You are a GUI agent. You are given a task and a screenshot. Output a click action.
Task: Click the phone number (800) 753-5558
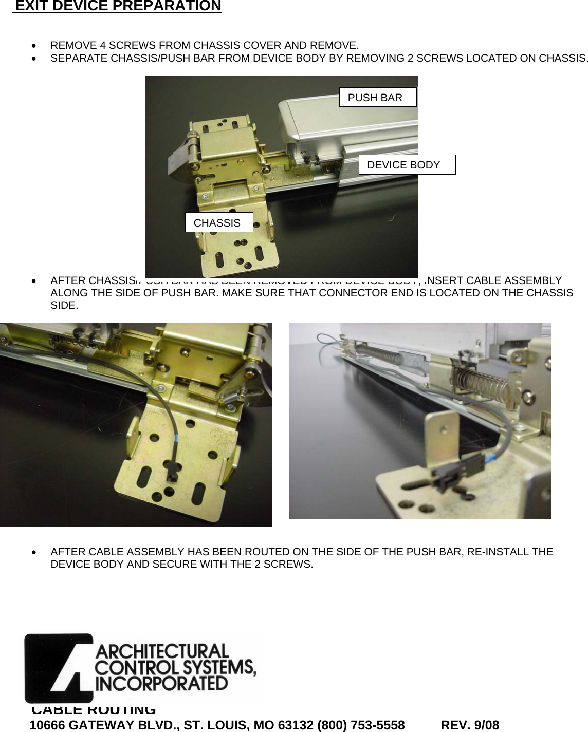coord(361,725)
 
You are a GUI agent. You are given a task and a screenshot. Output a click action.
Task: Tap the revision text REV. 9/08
coord(470,725)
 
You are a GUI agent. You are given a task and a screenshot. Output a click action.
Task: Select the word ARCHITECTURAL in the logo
coord(162,651)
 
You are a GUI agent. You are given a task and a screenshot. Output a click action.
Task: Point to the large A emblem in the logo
coord(59,668)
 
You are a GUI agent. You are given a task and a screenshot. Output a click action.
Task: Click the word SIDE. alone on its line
coord(64,306)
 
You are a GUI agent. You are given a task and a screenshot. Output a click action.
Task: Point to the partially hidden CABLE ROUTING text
coord(94,710)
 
